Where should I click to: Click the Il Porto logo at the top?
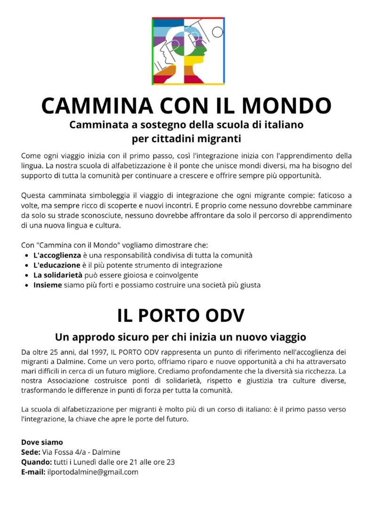[x=188, y=51]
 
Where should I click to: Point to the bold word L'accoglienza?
[x=57, y=255]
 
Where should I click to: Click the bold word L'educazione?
[x=56, y=265]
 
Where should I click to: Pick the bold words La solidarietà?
[x=58, y=275]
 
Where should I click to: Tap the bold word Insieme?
[x=48, y=285]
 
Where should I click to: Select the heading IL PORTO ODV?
[x=181, y=315]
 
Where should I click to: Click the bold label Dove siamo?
[x=42, y=442]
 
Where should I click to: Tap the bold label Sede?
[x=30, y=452]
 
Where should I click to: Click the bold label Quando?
[x=36, y=462]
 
